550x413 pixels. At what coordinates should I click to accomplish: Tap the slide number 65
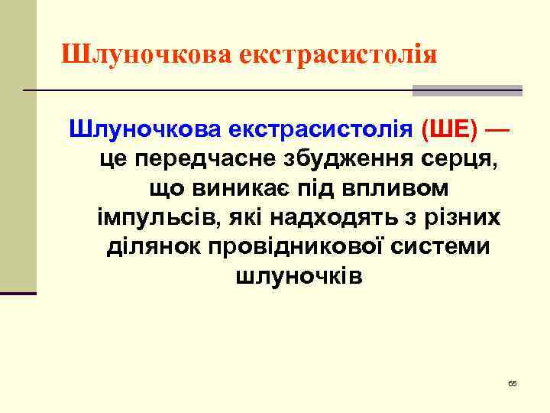(x=513, y=382)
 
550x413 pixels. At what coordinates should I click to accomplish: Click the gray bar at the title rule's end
(x=467, y=90)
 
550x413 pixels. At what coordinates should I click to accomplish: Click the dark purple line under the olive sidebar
(x=18, y=293)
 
